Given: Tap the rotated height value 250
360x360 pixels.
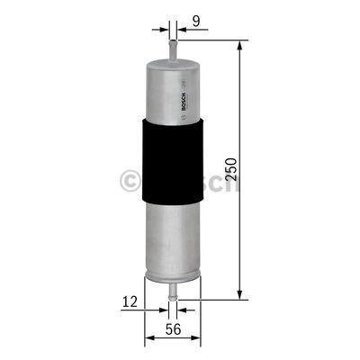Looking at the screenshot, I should click(233, 168).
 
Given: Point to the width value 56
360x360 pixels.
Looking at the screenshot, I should click(172, 330).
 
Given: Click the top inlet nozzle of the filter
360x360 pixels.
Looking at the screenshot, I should click(172, 45).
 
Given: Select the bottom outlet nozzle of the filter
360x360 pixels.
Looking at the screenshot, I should click(172, 288).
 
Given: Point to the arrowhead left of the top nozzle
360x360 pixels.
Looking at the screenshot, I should click(164, 27).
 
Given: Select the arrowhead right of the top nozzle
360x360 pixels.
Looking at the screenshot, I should click(180, 27).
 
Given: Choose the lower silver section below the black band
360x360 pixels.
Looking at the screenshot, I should click(171, 234).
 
